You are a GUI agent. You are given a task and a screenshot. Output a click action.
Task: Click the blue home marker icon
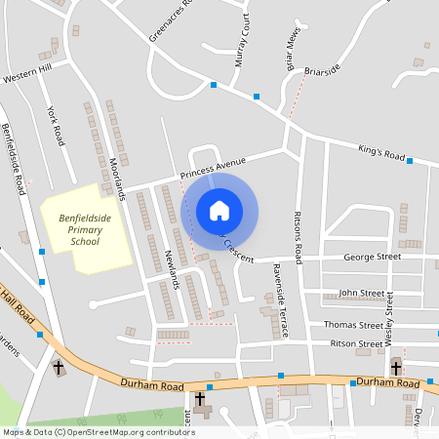219,211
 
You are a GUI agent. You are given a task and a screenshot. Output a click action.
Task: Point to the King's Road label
381,154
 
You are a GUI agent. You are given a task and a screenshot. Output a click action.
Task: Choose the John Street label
360,293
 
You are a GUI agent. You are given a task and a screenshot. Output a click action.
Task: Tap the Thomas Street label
353,324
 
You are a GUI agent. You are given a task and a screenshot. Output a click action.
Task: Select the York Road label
56,124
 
